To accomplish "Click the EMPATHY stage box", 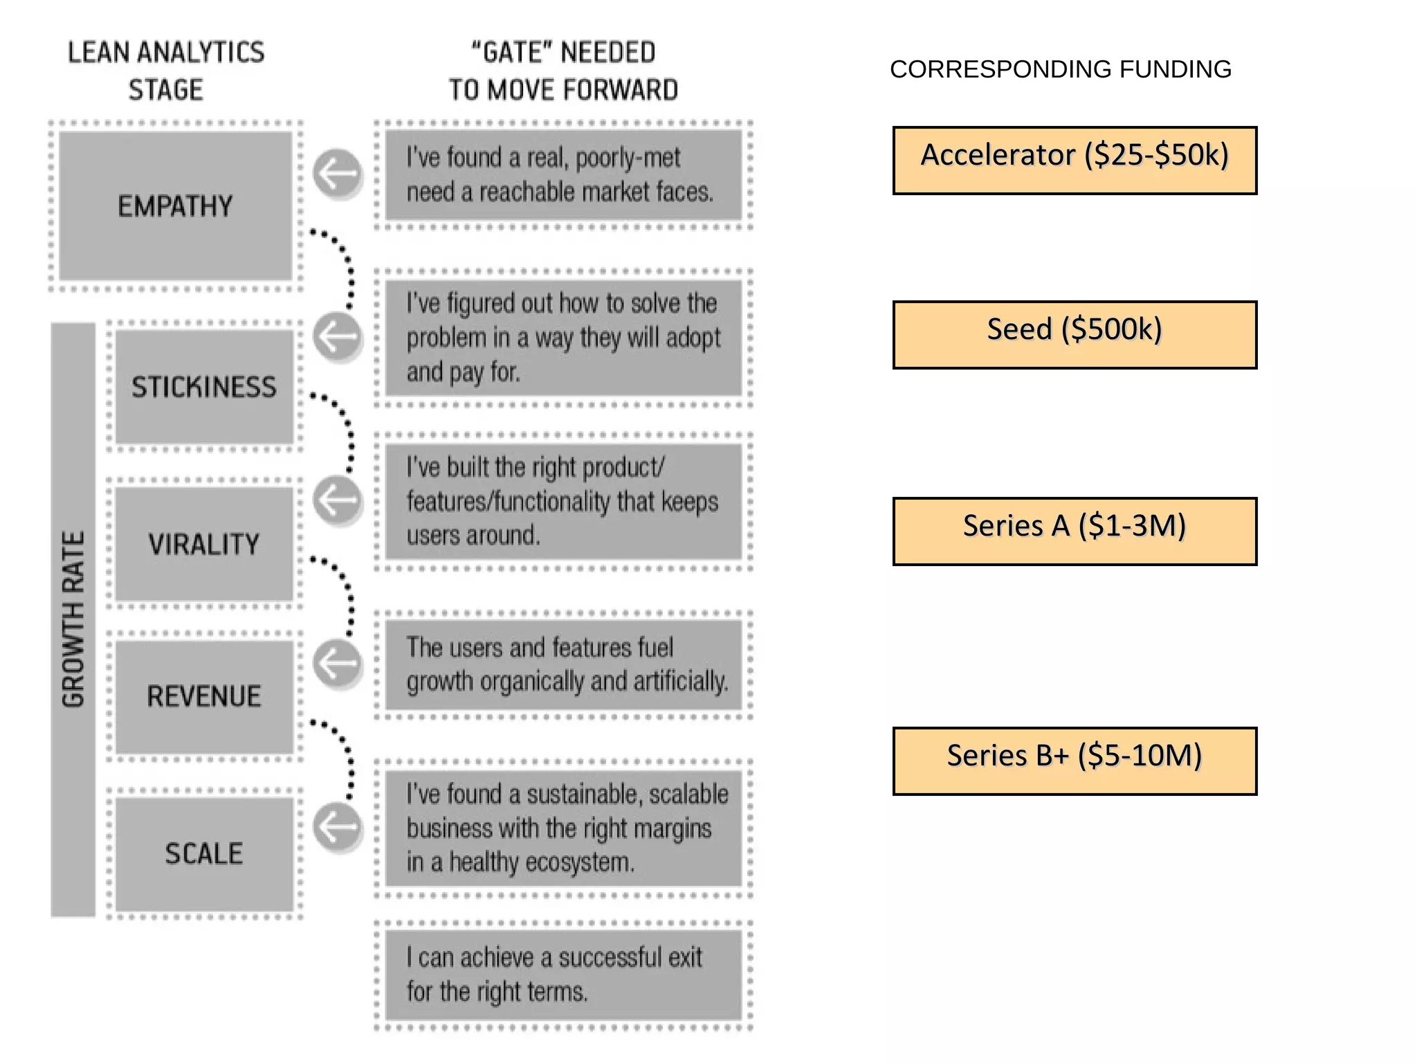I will [175, 206].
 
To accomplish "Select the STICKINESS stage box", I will [204, 387].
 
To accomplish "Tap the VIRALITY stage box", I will [204, 544].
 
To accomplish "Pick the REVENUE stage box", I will [204, 696].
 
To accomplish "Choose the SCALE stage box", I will [204, 853].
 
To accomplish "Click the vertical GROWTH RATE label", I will [73, 619].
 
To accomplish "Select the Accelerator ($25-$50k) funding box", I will [1074, 160].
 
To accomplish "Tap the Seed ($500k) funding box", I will [1074, 334].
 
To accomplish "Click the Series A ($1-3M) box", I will [1074, 531].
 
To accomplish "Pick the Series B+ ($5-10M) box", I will [1074, 761].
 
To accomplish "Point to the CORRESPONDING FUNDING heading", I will [1060, 69].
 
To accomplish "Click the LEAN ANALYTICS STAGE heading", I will [166, 71].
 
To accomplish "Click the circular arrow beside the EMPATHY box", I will [338, 173].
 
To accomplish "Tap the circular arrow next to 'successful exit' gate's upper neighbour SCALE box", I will [338, 826].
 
